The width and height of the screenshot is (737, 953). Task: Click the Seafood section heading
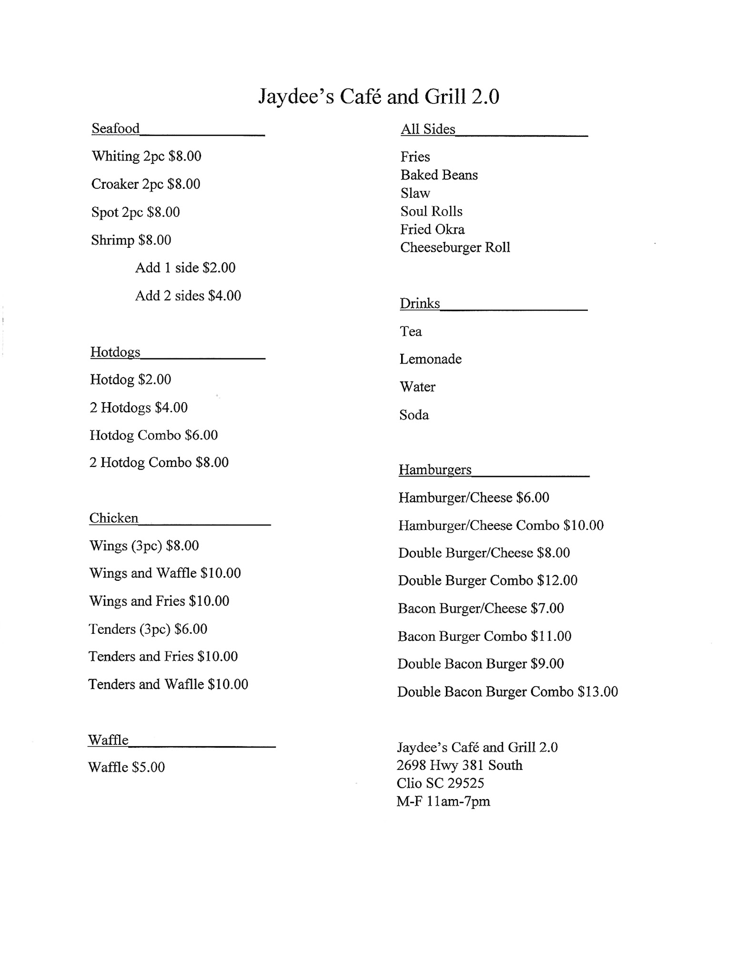click(116, 129)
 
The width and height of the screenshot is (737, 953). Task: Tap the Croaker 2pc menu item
click(145, 184)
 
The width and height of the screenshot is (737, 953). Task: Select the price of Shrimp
click(155, 240)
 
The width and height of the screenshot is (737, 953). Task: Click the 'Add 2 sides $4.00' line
click(188, 296)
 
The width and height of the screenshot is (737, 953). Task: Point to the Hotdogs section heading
click(115, 352)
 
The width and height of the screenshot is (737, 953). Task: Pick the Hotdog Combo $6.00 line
click(153, 435)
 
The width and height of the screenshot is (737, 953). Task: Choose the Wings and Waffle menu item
click(165, 573)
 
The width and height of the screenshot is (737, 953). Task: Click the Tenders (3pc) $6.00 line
click(148, 629)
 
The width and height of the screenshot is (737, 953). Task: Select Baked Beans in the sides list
click(439, 175)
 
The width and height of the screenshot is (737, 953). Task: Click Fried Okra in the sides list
click(432, 229)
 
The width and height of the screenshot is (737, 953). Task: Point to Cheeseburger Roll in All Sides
click(455, 247)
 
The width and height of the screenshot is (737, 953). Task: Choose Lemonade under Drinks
click(430, 359)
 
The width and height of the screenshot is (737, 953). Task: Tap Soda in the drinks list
click(414, 415)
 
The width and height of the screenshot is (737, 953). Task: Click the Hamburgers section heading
click(435, 470)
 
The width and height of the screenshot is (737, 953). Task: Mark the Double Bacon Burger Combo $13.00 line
click(507, 692)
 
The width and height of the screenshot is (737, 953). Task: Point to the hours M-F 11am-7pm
click(443, 801)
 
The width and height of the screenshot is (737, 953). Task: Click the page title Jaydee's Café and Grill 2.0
click(379, 97)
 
